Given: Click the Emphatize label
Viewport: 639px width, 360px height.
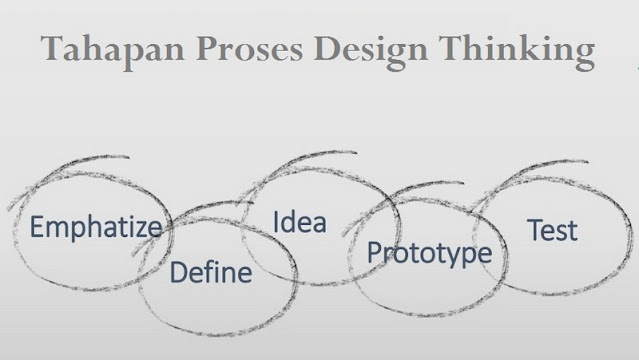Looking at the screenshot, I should [95, 228].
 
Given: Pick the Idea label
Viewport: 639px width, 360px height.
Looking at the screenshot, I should [300, 222].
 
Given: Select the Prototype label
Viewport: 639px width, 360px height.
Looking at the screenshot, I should [429, 253].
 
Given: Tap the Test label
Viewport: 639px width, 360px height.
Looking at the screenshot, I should [552, 230].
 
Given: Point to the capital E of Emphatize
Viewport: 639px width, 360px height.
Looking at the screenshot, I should [36, 227].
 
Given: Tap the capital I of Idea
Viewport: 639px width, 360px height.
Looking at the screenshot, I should [276, 221].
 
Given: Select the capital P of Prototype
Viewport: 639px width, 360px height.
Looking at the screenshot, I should [374, 252].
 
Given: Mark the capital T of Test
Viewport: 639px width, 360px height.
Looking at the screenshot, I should [533, 229].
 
